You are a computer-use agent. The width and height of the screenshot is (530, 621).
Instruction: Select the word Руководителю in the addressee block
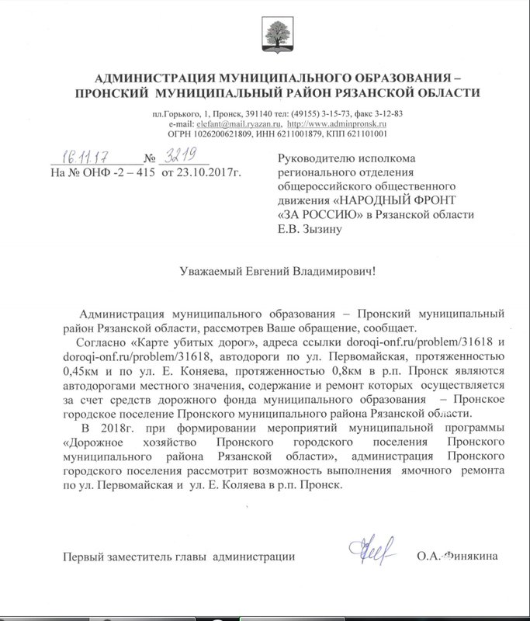point(314,158)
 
